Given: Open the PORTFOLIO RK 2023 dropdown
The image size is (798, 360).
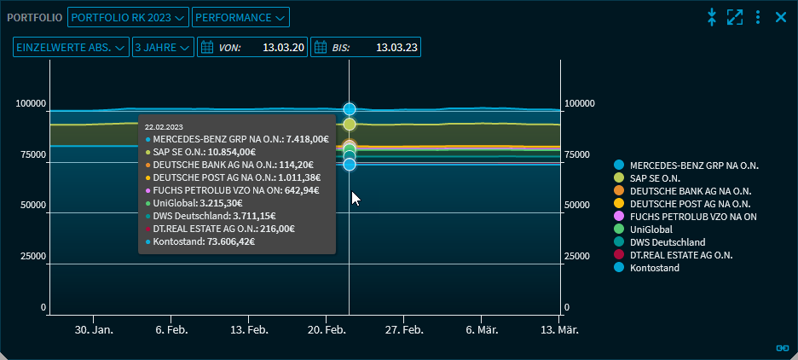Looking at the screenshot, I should (x=128, y=17).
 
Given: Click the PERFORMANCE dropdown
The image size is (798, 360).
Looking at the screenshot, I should (x=240, y=17).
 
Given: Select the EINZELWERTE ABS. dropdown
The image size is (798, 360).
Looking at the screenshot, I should (x=71, y=48).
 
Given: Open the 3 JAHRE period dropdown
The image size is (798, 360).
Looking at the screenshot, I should (x=163, y=48).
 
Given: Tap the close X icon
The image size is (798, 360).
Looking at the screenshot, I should (x=780, y=17).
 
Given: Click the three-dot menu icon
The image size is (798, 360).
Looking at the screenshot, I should (x=758, y=17).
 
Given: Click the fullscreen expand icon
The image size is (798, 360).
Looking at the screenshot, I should (x=735, y=17).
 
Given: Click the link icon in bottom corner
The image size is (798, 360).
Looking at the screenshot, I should (x=782, y=347).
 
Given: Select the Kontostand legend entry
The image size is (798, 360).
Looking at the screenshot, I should (x=654, y=268).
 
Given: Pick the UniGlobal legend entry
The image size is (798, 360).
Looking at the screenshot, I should (x=651, y=229).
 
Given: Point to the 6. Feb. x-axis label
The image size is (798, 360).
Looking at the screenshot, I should (x=171, y=330).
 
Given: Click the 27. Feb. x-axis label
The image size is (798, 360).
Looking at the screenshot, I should (x=404, y=330).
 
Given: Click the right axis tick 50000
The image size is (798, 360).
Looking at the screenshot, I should (x=581, y=206).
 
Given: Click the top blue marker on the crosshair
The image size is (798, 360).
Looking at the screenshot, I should (x=350, y=109).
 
